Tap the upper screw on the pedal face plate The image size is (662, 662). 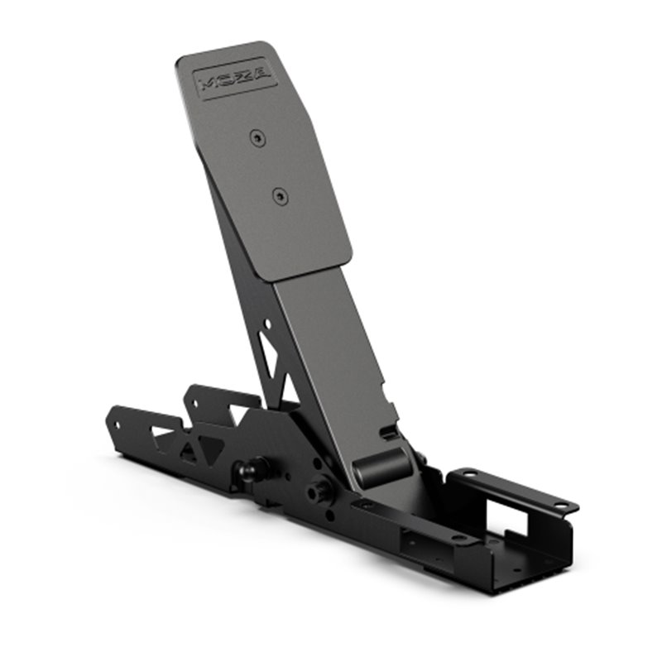[260, 136]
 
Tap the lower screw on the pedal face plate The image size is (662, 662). [280, 196]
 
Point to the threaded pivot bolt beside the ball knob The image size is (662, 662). [318, 491]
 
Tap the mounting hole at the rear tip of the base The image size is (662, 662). [115, 425]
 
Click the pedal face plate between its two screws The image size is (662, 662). [270, 165]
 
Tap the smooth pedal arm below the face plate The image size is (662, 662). [331, 348]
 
